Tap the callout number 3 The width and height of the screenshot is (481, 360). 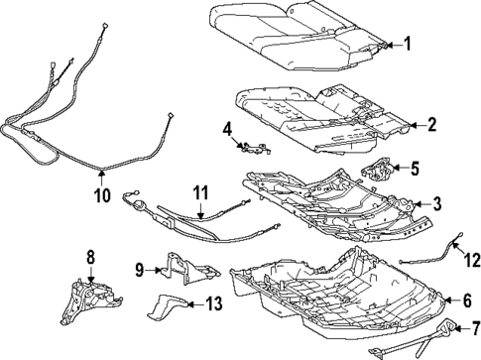click(437, 203)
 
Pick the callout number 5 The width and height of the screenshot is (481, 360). click(416, 169)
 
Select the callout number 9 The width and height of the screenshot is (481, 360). click(141, 268)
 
